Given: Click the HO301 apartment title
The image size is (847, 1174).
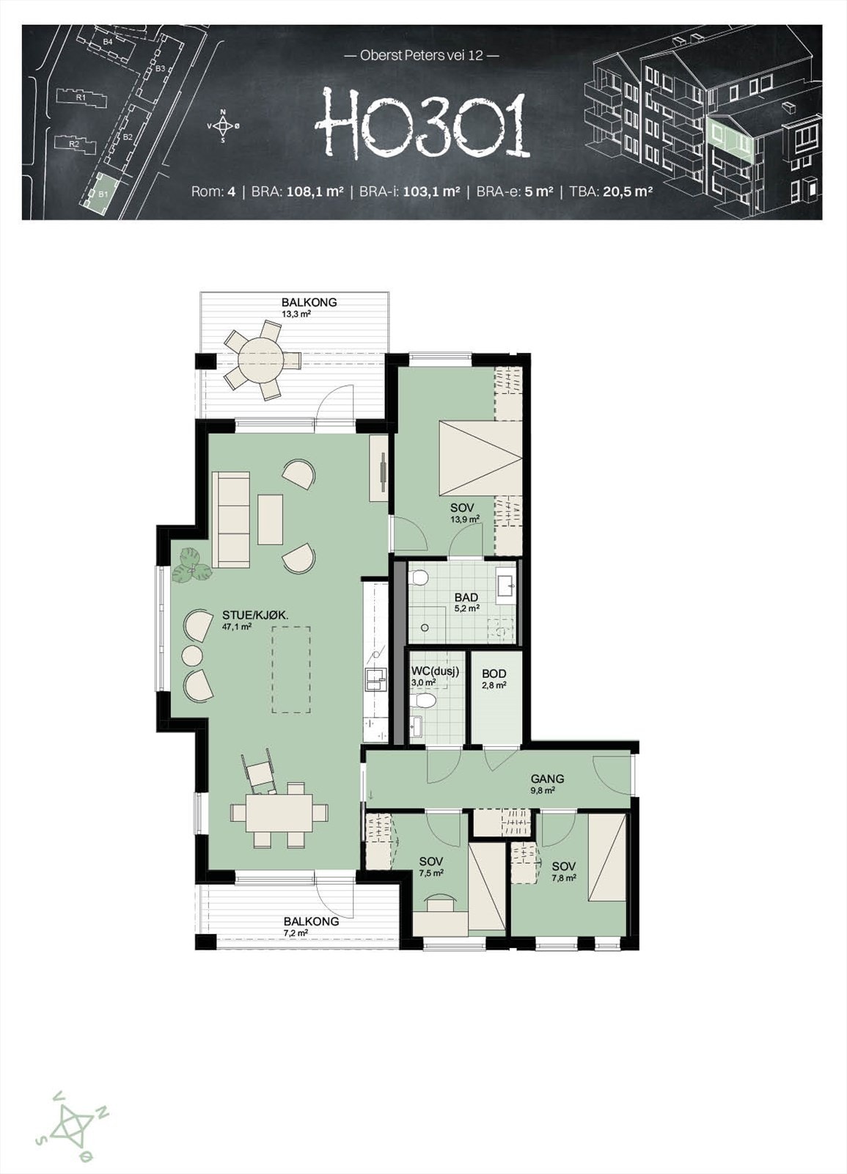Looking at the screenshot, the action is pos(422,124).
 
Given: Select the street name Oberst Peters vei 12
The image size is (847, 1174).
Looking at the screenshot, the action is pos(422,55).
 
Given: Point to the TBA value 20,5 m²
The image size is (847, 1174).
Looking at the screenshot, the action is pos(627,192).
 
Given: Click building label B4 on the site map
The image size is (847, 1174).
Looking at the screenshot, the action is pos(107,41).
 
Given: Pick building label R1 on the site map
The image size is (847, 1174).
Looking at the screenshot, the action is pos(80,98).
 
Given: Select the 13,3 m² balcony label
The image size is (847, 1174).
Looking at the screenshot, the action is pos(296,315).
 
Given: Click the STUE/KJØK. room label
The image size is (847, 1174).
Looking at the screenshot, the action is pos(255,616).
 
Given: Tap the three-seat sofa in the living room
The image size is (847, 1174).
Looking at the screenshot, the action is pos(230,519).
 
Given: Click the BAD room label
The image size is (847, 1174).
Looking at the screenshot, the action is pos(466,597).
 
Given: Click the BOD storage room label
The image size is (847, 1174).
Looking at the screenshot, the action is pos(494,674).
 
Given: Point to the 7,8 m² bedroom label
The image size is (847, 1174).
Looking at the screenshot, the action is pos(564,877).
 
